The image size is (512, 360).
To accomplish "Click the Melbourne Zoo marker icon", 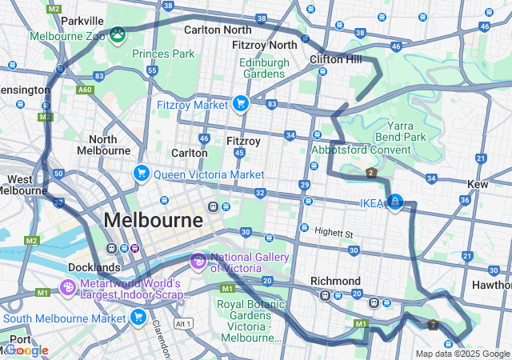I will point(118,34).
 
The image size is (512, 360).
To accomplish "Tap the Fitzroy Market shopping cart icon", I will point(240,103).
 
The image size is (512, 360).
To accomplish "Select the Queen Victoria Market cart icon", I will point(142,174).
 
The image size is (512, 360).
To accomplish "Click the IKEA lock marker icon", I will point(394,202).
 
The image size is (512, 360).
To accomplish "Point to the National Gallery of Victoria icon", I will point(198,261).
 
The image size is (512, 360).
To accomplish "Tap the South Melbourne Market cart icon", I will point(138,318).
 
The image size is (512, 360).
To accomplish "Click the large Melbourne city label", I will point(153,220).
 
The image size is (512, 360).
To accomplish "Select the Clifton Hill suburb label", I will point(335,59).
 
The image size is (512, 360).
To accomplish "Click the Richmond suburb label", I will point(335,281).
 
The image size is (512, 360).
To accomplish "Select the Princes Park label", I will point(163,54).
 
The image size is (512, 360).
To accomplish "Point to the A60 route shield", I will point(85,90).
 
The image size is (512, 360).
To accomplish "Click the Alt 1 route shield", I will point(183,323).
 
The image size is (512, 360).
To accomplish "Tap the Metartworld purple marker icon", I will point(68,287).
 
